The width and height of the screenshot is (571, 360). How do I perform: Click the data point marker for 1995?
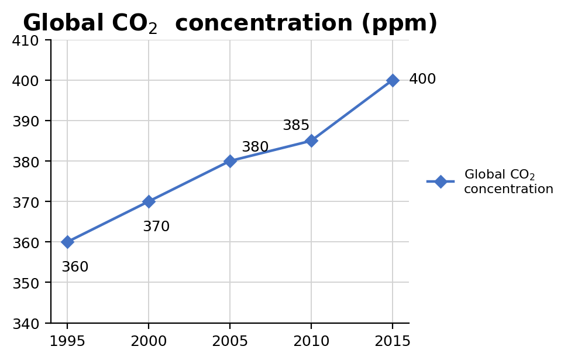(67, 242)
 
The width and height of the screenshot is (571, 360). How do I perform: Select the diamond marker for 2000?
(149, 201)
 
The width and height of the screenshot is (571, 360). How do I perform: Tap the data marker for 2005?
(230, 161)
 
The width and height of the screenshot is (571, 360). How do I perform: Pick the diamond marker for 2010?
(311, 140)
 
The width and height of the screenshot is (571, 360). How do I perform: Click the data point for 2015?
(393, 80)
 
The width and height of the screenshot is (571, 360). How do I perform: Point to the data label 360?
(75, 267)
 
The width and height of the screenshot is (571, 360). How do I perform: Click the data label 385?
(296, 125)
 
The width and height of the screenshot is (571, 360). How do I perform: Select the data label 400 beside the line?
(422, 79)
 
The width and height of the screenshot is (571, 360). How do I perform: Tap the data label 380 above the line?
(255, 147)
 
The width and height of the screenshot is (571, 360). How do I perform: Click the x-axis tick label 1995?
(67, 341)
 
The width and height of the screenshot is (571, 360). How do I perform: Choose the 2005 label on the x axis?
(230, 341)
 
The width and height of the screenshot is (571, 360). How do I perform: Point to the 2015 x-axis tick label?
(393, 341)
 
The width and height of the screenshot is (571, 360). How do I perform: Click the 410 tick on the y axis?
(26, 41)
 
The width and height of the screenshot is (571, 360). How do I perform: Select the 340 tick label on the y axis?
(26, 324)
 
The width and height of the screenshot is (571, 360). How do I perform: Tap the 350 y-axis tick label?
(26, 283)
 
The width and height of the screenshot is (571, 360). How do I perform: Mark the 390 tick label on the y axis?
(26, 121)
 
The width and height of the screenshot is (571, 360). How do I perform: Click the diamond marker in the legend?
(441, 181)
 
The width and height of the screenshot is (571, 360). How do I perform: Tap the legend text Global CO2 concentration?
(509, 181)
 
